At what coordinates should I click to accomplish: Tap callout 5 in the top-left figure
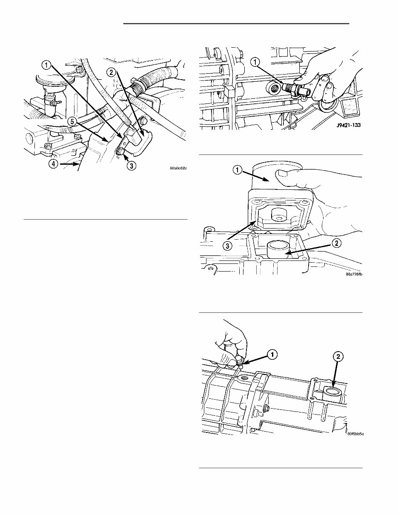pyautogui.click(x=73, y=122)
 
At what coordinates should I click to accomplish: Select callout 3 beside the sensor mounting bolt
pyautogui.click(x=132, y=166)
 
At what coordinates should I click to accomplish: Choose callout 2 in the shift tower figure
pyautogui.click(x=336, y=243)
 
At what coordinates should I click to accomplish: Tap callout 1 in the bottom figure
pyautogui.click(x=271, y=352)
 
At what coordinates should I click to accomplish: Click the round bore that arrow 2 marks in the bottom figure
pyautogui.click(x=332, y=392)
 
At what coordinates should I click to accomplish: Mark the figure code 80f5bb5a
pyautogui.click(x=355, y=435)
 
